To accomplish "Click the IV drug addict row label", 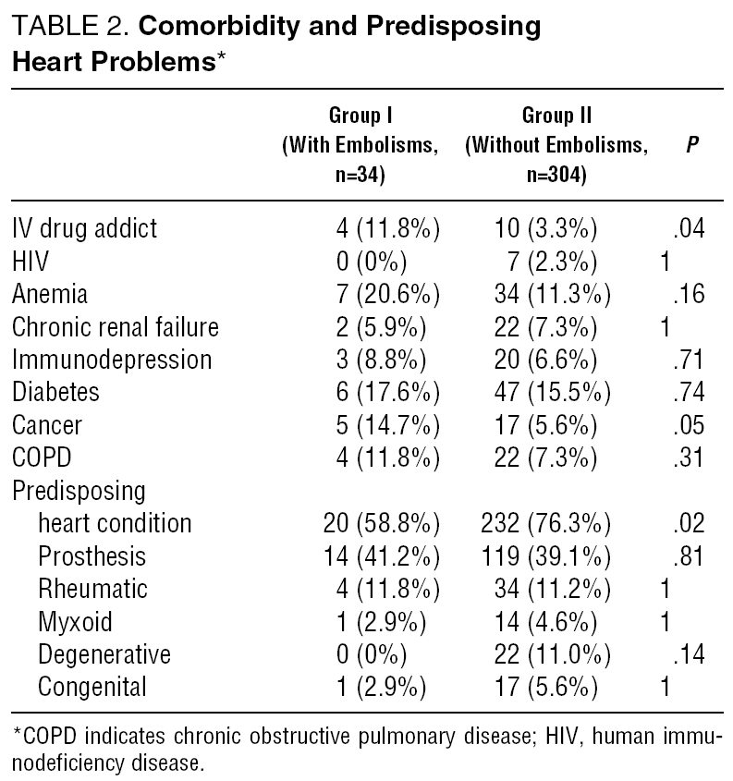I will (84, 227).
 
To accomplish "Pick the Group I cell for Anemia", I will (386, 294).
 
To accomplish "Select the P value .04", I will (690, 227).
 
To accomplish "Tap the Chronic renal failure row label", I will (116, 326).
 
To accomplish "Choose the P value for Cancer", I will (690, 425).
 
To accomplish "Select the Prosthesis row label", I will (92, 556).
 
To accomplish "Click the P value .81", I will (690, 556).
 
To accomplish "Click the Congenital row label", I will (92, 688).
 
